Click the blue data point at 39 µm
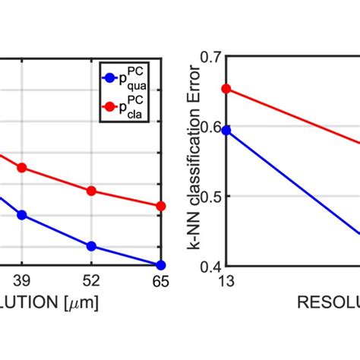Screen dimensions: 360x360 [22, 215]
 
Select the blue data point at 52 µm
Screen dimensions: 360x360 [91, 246]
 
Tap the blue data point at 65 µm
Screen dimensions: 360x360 [160, 265]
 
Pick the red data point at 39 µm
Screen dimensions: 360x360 [22, 167]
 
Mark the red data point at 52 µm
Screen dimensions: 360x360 [91, 191]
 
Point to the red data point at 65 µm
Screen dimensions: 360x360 [160, 206]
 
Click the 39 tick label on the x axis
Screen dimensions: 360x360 [22, 281]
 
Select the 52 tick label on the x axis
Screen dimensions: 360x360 [91, 281]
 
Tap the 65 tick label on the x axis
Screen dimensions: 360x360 [159, 281]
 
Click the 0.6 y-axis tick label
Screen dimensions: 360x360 [211, 127]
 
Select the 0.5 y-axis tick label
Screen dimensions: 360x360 [211, 197]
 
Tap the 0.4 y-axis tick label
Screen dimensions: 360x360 [211, 267]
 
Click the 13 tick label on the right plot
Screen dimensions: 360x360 [226, 281]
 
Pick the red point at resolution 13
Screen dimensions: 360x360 [226, 89]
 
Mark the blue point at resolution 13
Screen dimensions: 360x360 [226, 130]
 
